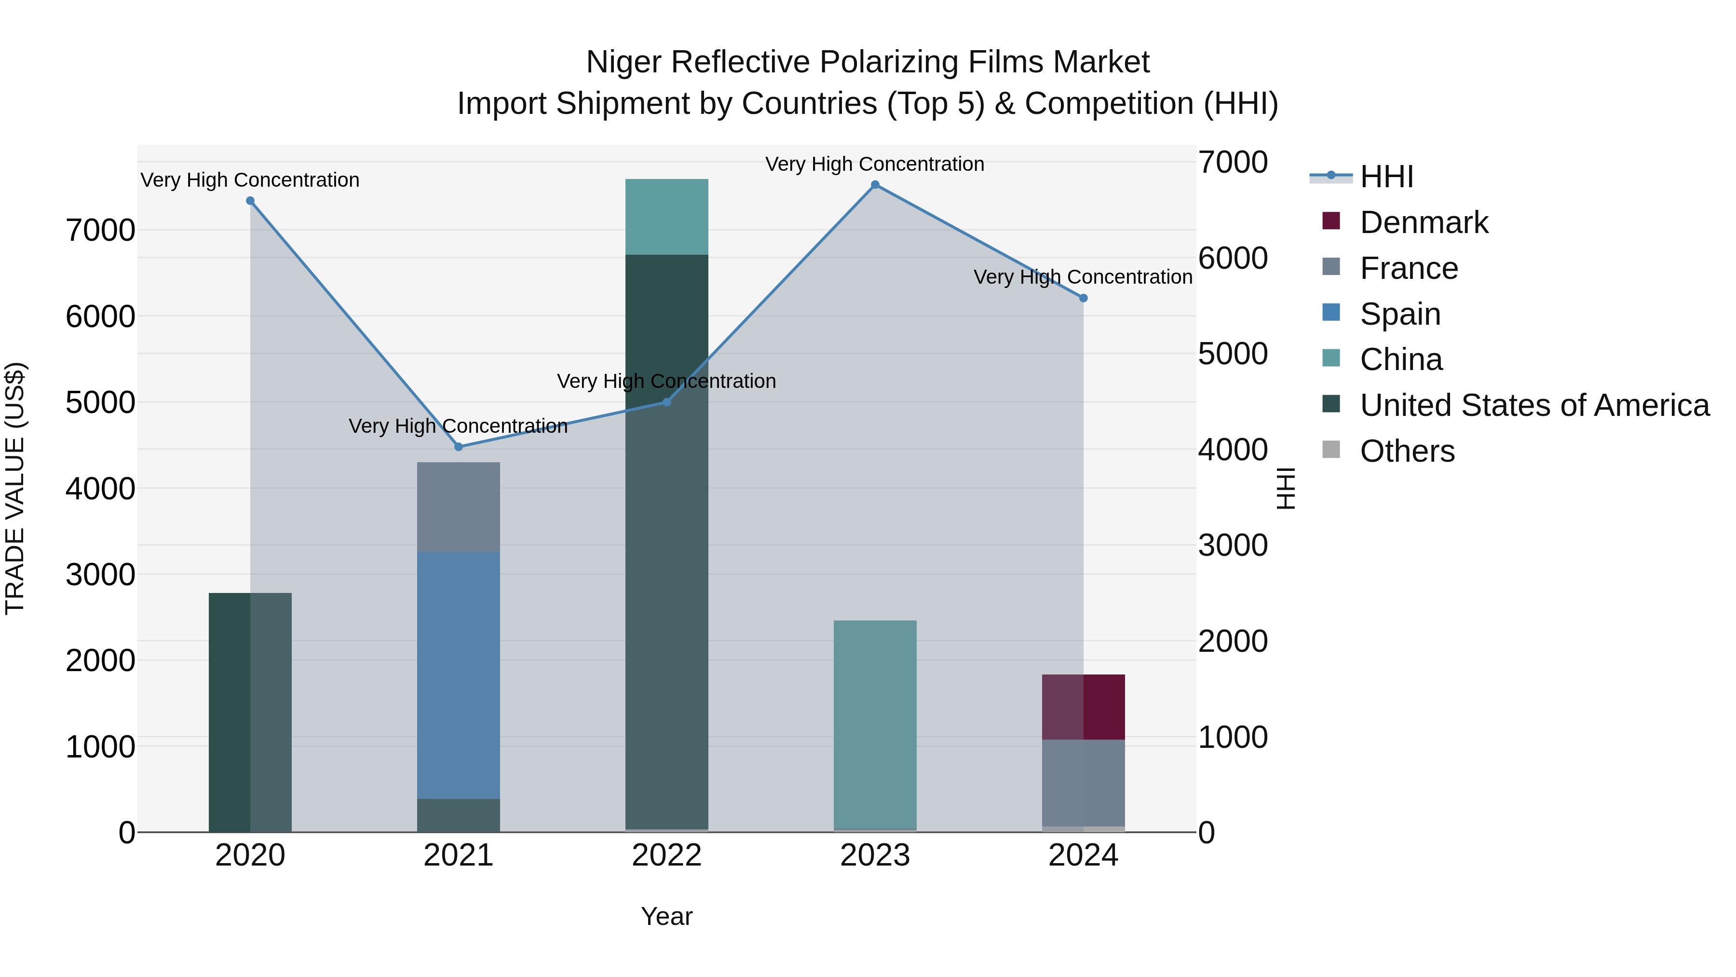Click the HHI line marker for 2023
pyautogui.click(x=875, y=185)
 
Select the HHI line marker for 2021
pyautogui.click(x=458, y=446)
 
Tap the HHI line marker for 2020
pyautogui.click(x=250, y=201)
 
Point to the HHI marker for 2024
pyautogui.click(x=1083, y=298)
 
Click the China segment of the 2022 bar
pyautogui.click(x=666, y=217)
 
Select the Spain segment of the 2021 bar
pyautogui.click(x=458, y=675)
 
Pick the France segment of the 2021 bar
pyautogui.click(x=458, y=507)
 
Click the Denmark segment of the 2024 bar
pyautogui.click(x=1083, y=707)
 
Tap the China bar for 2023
pyautogui.click(x=875, y=724)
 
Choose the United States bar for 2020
pyautogui.click(x=250, y=712)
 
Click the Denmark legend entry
pyautogui.click(x=1424, y=222)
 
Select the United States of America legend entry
pyautogui.click(x=1534, y=405)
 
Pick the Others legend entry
pyautogui.click(x=1407, y=451)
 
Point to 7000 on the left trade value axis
pyautogui.click(x=100, y=231)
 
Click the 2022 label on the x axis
pyautogui.click(x=666, y=855)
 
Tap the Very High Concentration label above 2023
pyautogui.click(x=875, y=164)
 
